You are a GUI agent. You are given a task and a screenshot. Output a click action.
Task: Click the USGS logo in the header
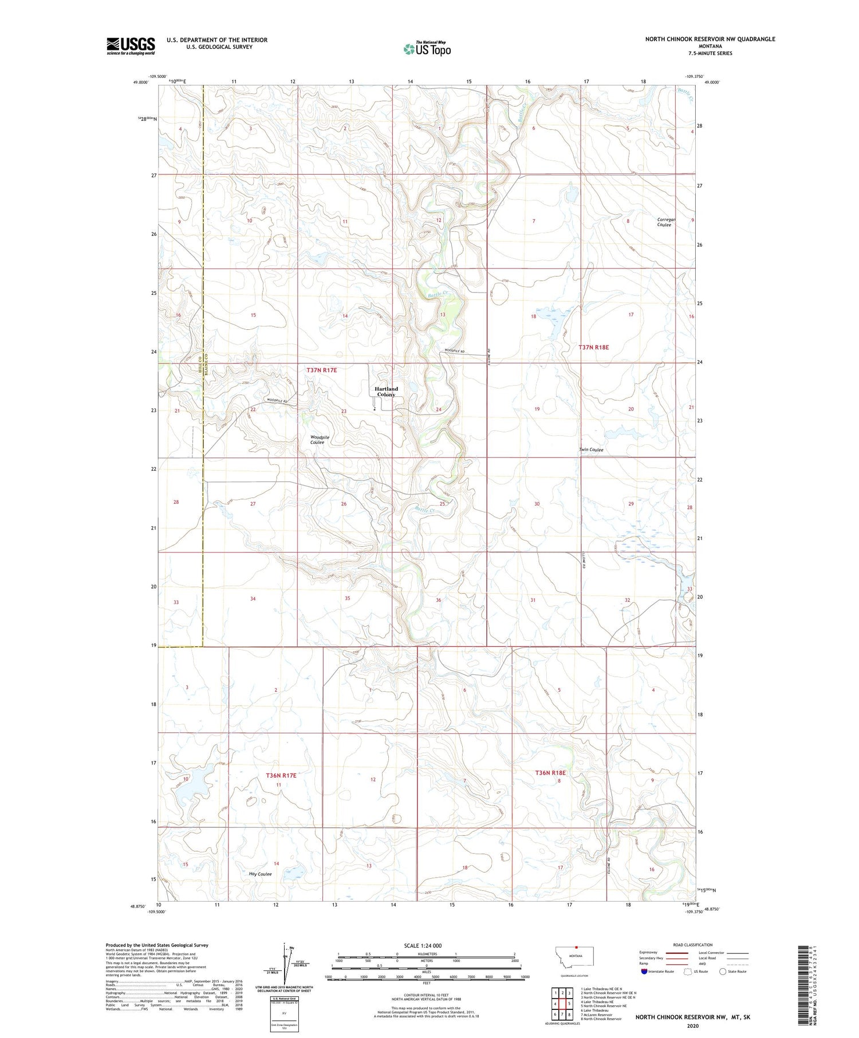pyautogui.click(x=131, y=46)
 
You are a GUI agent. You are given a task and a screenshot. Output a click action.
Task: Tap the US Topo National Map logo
pyautogui.click(x=427, y=49)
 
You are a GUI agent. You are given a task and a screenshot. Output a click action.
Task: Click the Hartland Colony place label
pyautogui.click(x=386, y=392)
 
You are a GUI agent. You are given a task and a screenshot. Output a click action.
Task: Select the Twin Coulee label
pyautogui.click(x=591, y=450)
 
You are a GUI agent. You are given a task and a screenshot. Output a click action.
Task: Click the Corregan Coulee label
pyautogui.click(x=666, y=222)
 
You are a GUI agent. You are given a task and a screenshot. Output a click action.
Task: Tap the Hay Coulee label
pyautogui.click(x=260, y=874)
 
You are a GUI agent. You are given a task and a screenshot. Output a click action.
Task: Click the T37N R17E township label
pyautogui.click(x=321, y=370)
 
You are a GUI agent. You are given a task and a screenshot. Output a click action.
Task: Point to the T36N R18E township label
pyautogui.click(x=550, y=773)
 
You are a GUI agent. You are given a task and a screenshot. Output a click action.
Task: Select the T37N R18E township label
pyautogui.click(x=593, y=348)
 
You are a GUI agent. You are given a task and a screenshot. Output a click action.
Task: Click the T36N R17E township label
pyautogui.click(x=281, y=775)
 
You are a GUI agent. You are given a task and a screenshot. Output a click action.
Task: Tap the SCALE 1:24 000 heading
pyautogui.click(x=423, y=945)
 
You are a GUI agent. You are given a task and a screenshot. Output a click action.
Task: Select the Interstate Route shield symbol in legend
pyautogui.click(x=644, y=972)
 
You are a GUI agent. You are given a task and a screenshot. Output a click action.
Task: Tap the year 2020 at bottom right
pyautogui.click(x=692, y=1025)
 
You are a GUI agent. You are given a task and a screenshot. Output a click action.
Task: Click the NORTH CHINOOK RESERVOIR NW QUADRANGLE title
pyautogui.click(x=710, y=39)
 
